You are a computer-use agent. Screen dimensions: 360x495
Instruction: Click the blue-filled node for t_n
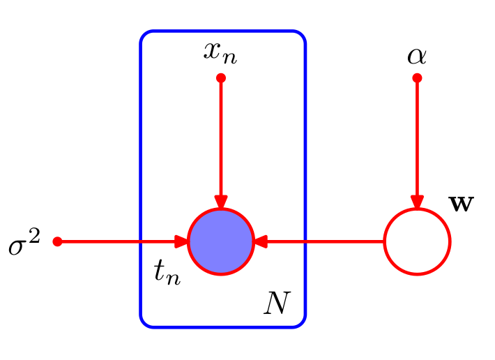click(221, 242)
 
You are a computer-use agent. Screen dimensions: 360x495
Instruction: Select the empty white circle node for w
click(418, 242)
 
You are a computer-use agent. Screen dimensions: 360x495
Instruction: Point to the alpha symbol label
click(417, 55)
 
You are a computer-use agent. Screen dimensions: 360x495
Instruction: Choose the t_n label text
click(167, 273)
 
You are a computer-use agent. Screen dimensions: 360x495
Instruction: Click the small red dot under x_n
click(221, 78)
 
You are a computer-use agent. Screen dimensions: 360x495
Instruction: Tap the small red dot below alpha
click(417, 78)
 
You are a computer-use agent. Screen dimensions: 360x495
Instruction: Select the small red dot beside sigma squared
click(58, 242)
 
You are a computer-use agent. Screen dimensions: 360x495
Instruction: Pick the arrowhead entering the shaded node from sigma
click(182, 242)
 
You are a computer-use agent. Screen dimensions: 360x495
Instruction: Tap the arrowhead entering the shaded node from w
click(260, 242)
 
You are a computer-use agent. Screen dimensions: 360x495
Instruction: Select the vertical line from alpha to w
click(417, 140)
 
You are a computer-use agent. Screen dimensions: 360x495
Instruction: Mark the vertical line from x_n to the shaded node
click(221, 140)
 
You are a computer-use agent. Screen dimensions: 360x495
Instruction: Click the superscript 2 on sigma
click(36, 237)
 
